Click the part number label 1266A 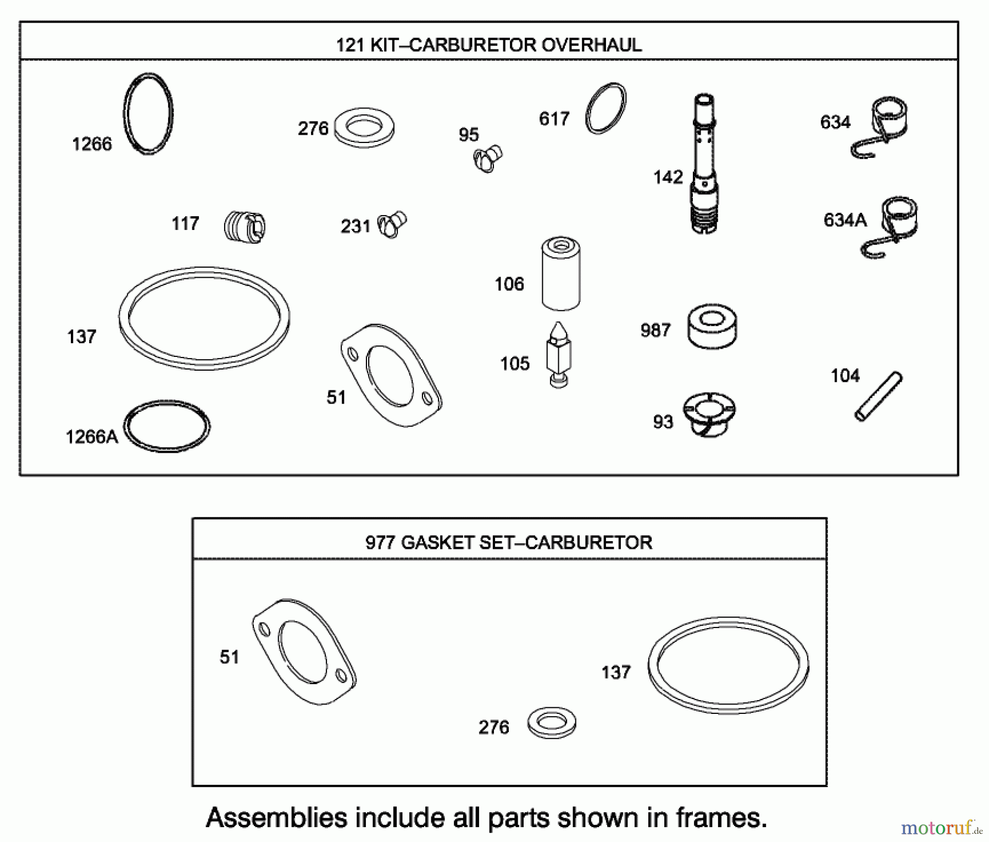[x=91, y=437]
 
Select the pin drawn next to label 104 [x=878, y=396]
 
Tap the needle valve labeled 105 [x=559, y=355]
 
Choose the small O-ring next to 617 [x=605, y=108]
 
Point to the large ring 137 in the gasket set [x=728, y=665]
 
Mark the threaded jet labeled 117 [x=245, y=225]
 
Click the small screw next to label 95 [x=488, y=158]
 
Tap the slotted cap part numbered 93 [x=709, y=414]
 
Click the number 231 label [x=355, y=226]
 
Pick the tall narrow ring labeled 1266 [x=148, y=113]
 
